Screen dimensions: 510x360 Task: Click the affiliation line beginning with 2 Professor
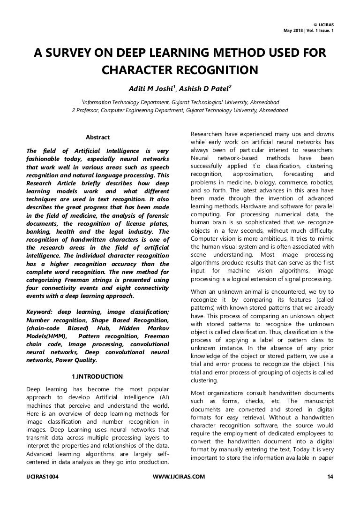click(x=180, y=110)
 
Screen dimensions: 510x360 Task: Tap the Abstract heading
click(x=97, y=137)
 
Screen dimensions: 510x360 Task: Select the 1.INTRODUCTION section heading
click(x=97, y=376)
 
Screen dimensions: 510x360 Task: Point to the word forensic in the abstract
click(x=157, y=213)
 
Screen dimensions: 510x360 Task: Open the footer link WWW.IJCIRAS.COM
click(x=180, y=477)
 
